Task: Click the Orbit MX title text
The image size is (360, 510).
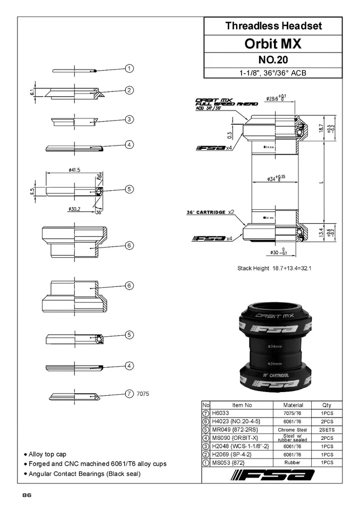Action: coord(273,44)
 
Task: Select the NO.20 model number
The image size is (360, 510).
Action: coord(273,60)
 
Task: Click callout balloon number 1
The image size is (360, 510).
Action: coord(129,68)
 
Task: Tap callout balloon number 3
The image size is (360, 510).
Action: coord(129,119)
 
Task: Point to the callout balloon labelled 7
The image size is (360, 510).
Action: coord(129,394)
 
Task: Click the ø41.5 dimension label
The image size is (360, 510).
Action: coord(74,170)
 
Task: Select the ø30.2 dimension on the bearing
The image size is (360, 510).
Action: coord(74,209)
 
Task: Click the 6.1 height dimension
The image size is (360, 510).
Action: coord(33,93)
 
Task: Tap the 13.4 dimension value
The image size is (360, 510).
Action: coord(321,232)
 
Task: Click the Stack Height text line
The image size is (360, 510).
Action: coord(274,268)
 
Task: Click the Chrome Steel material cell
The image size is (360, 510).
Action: coord(293,429)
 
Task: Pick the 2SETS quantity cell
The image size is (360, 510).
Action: coord(327,429)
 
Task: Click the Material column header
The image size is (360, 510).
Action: coord(293,405)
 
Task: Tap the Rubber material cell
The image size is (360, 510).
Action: coord(293,463)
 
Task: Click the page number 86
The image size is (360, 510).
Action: coord(27,495)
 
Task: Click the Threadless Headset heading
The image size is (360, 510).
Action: coord(273,25)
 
